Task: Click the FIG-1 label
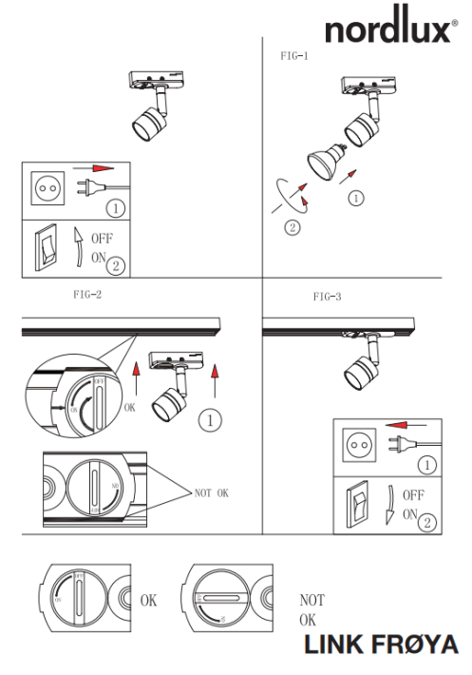289,57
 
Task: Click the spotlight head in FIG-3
358,372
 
